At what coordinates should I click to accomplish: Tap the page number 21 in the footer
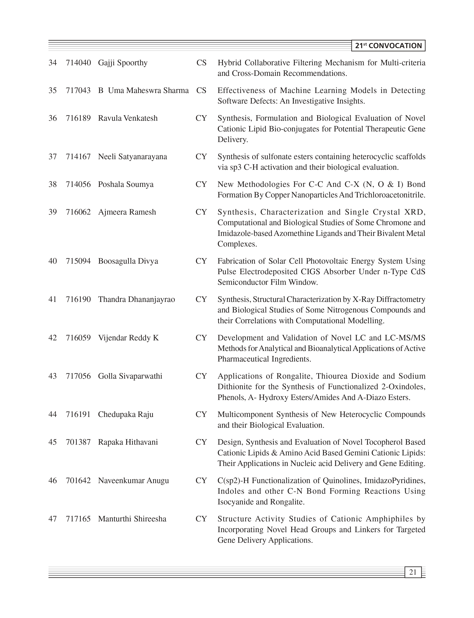pos(413,572)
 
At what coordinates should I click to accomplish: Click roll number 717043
pos(78,91)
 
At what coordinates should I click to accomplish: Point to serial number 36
pos(53,118)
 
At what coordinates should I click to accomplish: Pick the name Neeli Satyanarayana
pos(132,157)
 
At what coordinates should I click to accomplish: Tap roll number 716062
pos(78,212)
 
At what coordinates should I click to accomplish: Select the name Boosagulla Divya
pos(128,261)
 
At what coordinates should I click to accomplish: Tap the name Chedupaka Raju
pos(125,415)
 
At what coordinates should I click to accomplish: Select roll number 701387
pos(78,442)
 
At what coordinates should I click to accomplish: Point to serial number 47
pos(53,519)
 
